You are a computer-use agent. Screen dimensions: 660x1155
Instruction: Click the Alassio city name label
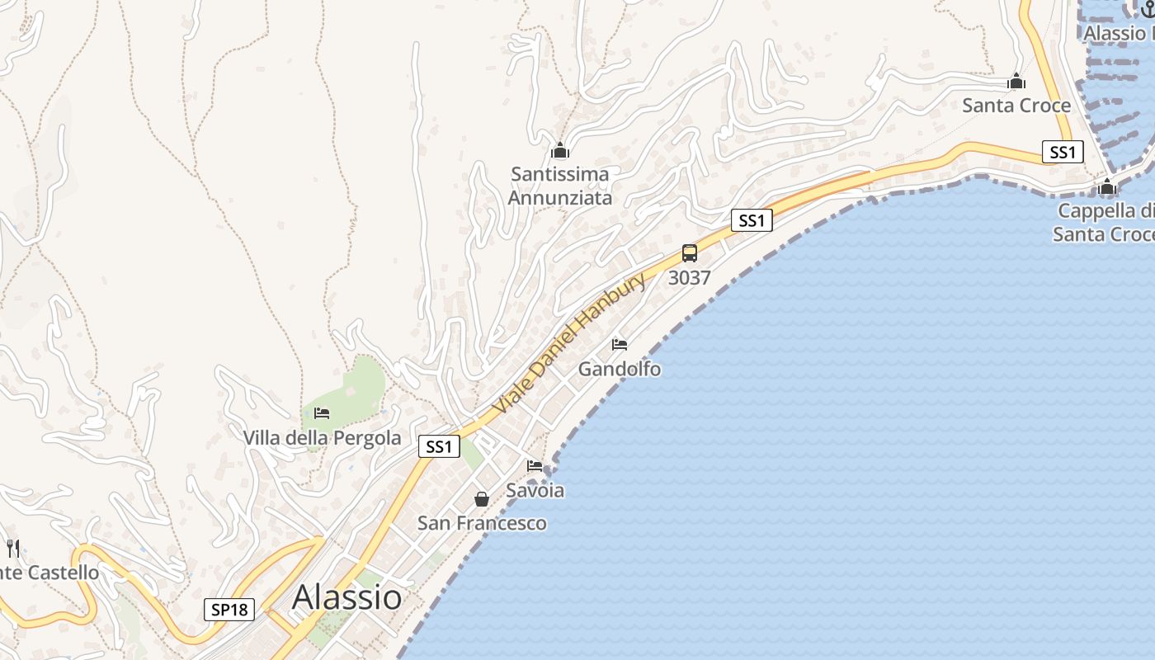[347, 596]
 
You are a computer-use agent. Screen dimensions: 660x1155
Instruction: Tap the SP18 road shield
[229, 610]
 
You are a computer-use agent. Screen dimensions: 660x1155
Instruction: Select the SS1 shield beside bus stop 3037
[751, 220]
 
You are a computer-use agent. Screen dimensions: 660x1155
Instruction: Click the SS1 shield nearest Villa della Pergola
[438, 446]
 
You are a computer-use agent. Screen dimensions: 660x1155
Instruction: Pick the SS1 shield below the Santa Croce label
[1062, 152]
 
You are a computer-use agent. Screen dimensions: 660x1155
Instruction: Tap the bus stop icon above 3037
[690, 253]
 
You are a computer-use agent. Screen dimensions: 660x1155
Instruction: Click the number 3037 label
[690, 278]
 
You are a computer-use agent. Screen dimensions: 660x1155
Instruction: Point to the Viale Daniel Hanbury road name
[569, 344]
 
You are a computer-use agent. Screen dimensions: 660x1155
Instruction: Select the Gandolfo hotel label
[620, 369]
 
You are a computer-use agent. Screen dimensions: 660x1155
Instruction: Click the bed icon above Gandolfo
[620, 344]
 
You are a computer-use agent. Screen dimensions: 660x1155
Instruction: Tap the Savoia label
[535, 490]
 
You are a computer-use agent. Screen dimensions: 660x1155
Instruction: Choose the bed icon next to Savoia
[535, 466]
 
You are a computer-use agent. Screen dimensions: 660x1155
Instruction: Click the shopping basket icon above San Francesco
[482, 499]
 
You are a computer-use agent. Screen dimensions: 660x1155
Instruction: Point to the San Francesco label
[482, 523]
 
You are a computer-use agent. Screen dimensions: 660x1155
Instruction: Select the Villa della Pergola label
[323, 438]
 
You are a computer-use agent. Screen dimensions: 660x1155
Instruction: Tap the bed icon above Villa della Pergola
[322, 412]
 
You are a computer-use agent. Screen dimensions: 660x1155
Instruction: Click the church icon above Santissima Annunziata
[560, 150]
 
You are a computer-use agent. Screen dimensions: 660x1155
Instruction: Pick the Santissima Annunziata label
[560, 186]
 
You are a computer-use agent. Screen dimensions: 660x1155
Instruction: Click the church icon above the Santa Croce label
[1016, 81]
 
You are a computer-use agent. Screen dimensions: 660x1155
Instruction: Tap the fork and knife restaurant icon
[12, 548]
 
